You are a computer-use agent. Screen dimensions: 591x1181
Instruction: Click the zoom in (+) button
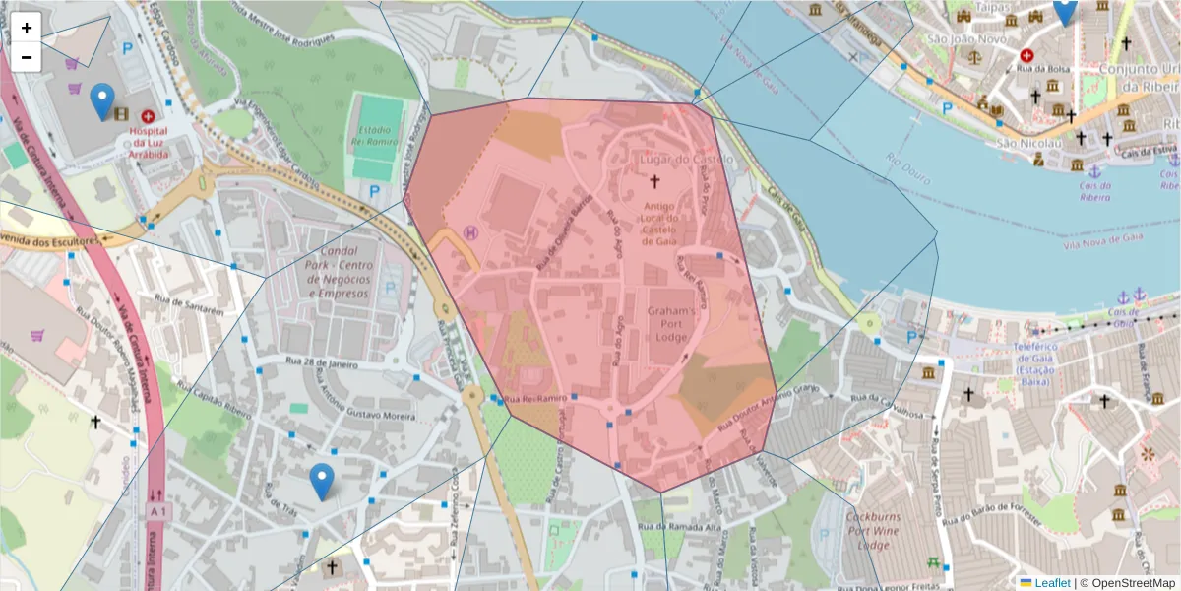27,28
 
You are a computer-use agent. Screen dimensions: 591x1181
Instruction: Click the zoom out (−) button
27,57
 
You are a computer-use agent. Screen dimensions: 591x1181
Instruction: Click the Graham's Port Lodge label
671,323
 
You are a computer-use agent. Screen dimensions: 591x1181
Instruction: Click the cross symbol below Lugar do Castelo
655,181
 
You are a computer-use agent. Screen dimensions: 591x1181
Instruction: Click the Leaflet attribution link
1051,583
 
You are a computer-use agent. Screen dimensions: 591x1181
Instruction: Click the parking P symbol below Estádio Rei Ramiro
376,190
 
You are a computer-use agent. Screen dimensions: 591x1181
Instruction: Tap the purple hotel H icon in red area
470,232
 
